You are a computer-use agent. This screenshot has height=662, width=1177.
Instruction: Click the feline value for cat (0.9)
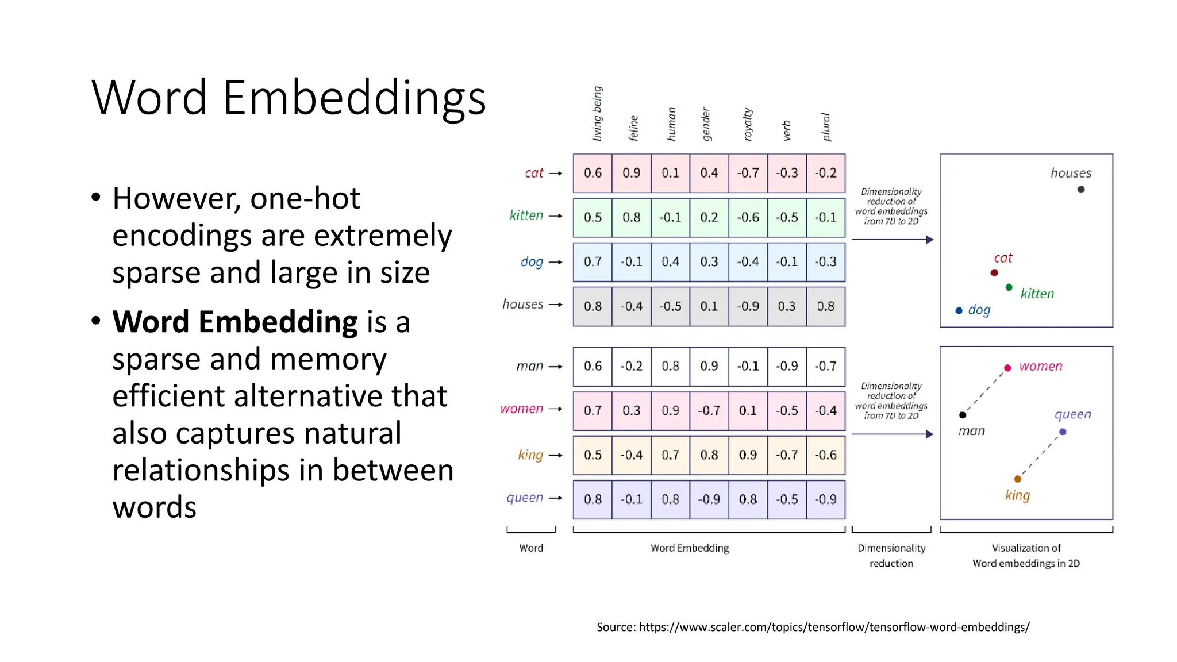tap(631, 173)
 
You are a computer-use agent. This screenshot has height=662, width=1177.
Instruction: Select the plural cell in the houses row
tap(825, 306)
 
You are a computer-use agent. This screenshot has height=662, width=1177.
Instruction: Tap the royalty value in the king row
tap(748, 455)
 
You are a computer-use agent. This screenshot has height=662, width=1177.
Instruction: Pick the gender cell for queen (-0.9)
tap(709, 499)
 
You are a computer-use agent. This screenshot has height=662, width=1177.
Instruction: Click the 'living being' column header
tap(597, 113)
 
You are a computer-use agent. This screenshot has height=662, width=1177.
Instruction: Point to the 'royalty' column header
tap(748, 124)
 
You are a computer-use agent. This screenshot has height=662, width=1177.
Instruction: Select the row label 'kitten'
tap(526, 215)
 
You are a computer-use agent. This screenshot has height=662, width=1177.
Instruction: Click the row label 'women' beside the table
tap(521, 409)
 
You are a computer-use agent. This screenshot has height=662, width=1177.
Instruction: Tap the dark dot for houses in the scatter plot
tap(1081, 189)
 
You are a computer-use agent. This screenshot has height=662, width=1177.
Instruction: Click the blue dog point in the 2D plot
tap(959, 311)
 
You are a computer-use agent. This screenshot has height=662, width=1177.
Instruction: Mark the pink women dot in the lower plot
tap(1007, 368)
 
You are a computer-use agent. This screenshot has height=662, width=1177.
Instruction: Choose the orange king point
tap(1018, 479)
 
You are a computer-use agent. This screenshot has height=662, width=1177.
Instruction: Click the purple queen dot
tap(1063, 432)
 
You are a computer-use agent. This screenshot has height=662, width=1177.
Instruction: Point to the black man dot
tap(963, 415)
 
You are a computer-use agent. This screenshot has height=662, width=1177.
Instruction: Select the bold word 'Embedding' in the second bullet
tap(278, 322)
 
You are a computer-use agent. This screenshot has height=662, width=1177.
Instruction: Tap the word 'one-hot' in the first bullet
tap(305, 199)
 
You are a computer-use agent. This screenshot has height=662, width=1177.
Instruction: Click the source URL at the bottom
tap(834, 627)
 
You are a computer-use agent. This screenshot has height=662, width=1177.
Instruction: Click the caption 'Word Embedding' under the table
tap(690, 548)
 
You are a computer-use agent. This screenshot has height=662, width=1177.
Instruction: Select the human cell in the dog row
tap(670, 262)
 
